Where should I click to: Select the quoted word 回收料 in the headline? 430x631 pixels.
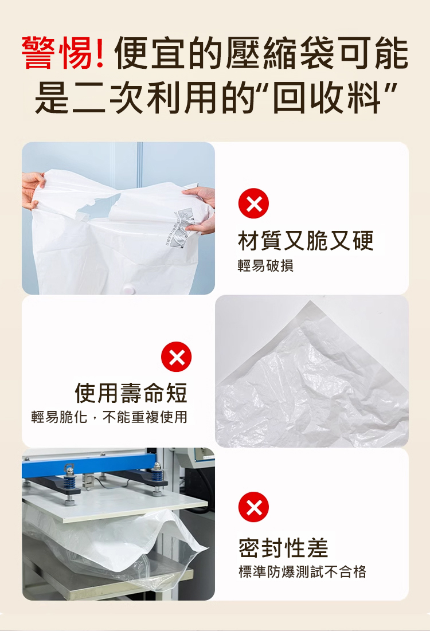click(x=326, y=98)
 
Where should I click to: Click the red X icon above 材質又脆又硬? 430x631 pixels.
click(x=253, y=203)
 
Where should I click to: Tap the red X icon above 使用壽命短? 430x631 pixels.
click(x=177, y=357)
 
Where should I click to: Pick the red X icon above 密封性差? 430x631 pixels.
click(x=253, y=507)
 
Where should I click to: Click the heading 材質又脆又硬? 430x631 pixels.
click(x=306, y=241)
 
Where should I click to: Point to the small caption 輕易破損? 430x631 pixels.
click(x=265, y=265)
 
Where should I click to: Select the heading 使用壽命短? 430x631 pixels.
click(x=131, y=393)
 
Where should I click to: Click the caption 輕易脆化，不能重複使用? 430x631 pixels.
click(x=109, y=417)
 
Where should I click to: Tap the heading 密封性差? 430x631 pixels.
click(x=283, y=548)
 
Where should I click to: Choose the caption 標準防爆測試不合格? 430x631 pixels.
click(x=302, y=571)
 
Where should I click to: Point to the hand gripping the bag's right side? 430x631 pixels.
click(x=201, y=209)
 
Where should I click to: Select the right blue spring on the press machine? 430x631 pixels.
click(x=158, y=477)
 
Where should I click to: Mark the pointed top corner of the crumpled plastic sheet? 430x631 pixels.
click(x=310, y=301)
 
